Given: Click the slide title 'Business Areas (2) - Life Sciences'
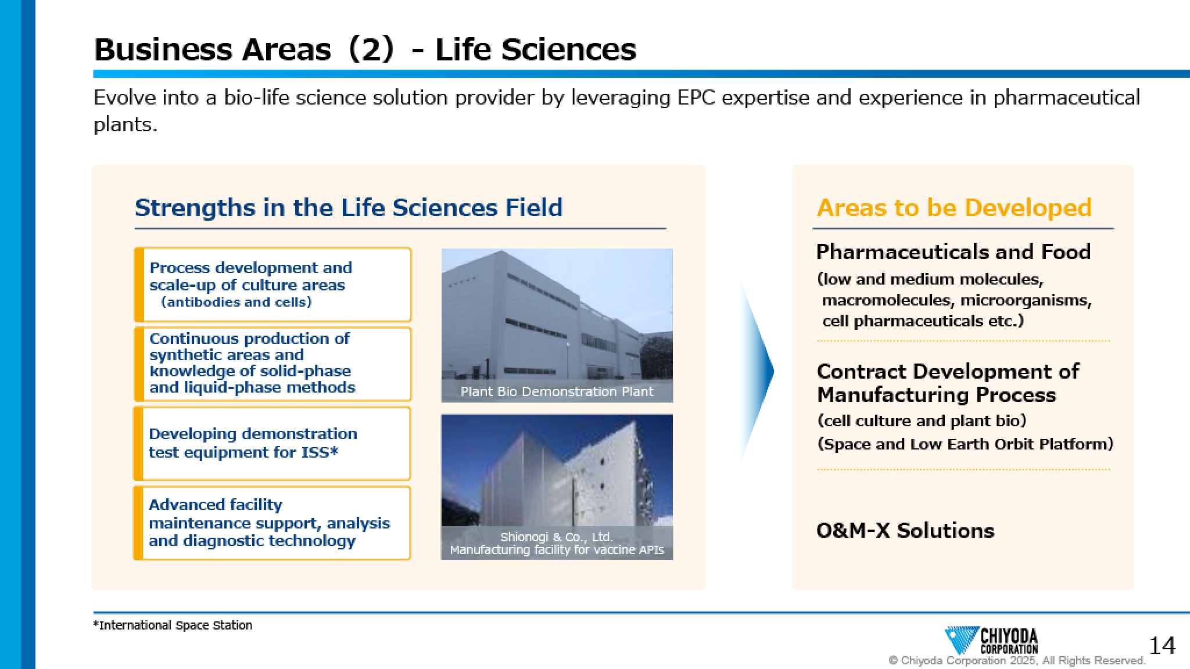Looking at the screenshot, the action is [x=365, y=49].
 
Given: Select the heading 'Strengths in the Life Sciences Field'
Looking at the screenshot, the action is [x=349, y=207].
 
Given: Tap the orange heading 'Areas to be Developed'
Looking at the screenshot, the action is [x=954, y=207].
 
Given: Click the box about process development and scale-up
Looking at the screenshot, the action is [x=273, y=285].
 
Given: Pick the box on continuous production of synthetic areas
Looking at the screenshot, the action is [x=273, y=364].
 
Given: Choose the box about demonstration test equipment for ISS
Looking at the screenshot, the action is [x=273, y=443].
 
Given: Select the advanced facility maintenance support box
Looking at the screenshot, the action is [x=273, y=523].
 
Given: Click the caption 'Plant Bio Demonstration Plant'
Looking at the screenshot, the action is [x=557, y=391].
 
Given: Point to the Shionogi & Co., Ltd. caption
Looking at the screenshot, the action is [x=557, y=543].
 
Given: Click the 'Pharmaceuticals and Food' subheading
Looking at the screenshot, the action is [x=954, y=251].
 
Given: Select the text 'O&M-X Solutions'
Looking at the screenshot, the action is [x=905, y=530].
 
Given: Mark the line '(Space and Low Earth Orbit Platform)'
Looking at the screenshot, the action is [x=965, y=444].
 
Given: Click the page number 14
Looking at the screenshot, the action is [x=1162, y=645].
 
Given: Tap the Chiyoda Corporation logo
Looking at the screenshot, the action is [x=991, y=641].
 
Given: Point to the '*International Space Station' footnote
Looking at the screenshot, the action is [x=173, y=625].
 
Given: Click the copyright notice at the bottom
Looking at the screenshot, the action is [x=1017, y=660].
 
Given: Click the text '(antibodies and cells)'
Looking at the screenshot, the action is [x=236, y=302].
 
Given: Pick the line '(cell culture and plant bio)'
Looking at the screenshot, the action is [x=922, y=420].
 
